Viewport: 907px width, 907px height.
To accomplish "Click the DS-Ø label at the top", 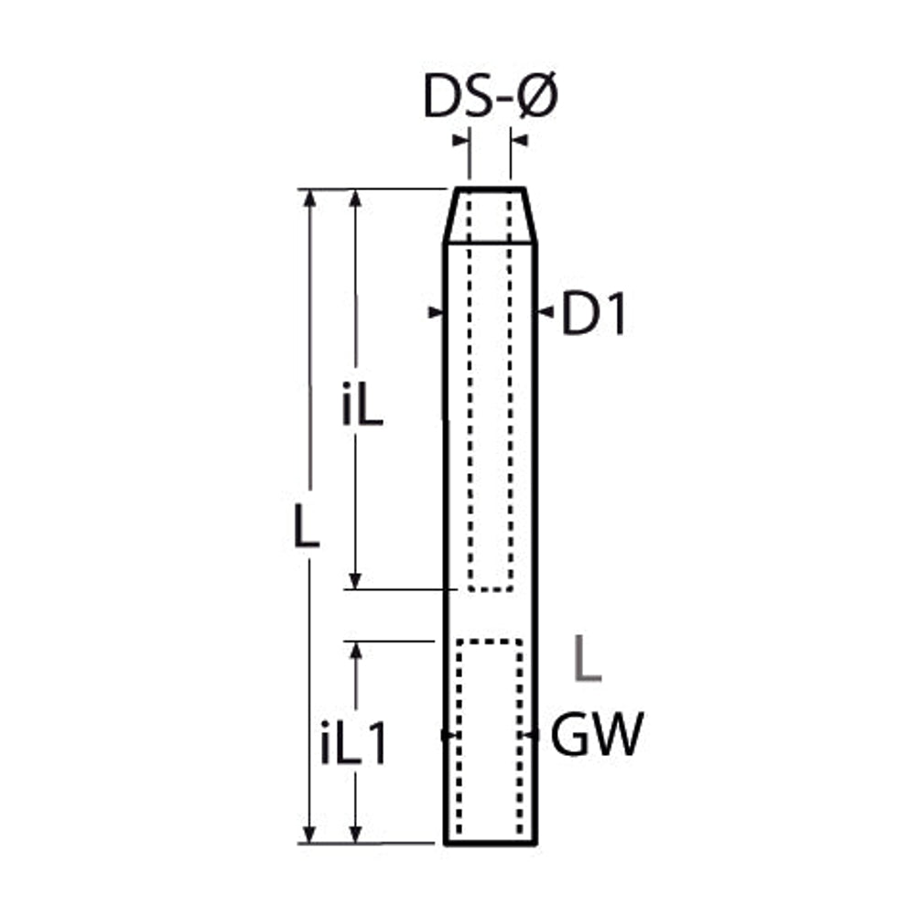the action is coord(491,96).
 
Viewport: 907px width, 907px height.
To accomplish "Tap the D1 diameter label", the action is coord(594,314).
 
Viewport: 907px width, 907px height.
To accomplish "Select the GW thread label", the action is coord(597,734).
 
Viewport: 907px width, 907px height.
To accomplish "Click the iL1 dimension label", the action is coord(353,743).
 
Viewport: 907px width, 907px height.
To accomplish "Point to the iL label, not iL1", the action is coord(362,404).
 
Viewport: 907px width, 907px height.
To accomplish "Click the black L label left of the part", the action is coord(306,526).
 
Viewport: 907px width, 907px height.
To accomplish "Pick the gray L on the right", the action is coord(587,658).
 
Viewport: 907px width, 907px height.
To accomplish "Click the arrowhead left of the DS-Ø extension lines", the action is coord(460,140).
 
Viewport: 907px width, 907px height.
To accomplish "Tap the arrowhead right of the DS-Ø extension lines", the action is coord(520,140).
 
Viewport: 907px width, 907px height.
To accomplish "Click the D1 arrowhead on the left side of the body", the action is coord(436,312).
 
